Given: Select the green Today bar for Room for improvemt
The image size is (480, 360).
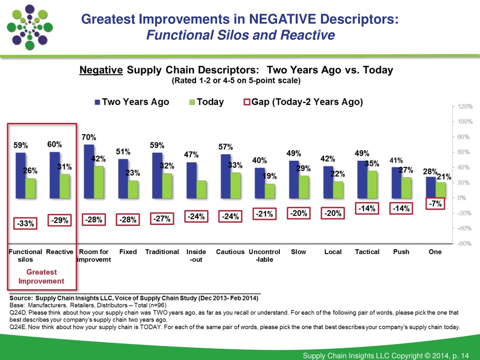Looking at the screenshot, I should tap(98, 182).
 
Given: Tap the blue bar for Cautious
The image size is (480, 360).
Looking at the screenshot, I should tap(226, 176).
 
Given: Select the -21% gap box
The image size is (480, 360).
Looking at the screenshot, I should tap(264, 214).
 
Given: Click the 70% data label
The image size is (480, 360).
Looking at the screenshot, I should tap(89, 137).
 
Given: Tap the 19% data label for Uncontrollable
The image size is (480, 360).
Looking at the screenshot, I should tap(269, 176).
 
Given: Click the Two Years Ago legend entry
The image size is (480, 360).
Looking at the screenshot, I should tap(132, 102).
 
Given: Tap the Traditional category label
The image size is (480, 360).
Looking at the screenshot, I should tap(162, 252).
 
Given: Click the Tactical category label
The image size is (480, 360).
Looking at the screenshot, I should tap(367, 252).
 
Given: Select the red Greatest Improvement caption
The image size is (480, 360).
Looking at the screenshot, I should tap(41, 277).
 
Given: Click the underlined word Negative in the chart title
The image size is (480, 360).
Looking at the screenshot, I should tap(101, 70).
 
